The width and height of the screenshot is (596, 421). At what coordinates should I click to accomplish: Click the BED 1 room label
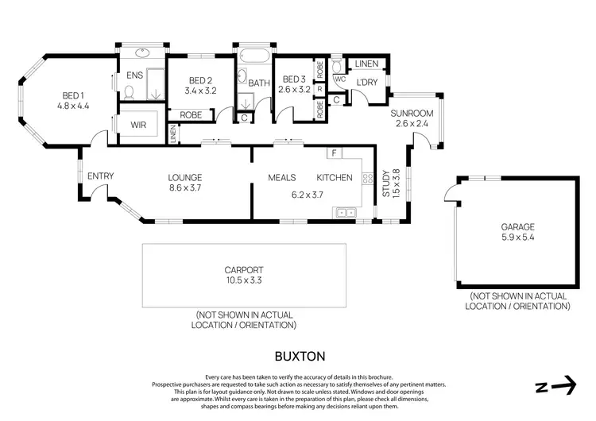(73, 95)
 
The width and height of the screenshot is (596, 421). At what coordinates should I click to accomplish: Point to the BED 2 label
(200, 80)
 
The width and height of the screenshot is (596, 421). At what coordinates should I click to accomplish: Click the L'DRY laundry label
(366, 83)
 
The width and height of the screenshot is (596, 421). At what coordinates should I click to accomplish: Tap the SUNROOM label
(412, 114)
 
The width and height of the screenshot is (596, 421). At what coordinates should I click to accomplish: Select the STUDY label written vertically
(386, 184)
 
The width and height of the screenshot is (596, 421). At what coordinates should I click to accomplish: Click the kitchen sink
(345, 212)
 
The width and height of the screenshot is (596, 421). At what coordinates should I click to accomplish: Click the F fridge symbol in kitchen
(335, 153)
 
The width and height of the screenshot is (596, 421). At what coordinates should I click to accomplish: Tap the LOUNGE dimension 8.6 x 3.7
(184, 188)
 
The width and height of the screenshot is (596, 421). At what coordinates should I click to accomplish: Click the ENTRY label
(100, 176)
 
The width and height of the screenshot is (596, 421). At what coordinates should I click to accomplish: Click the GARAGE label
(516, 225)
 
